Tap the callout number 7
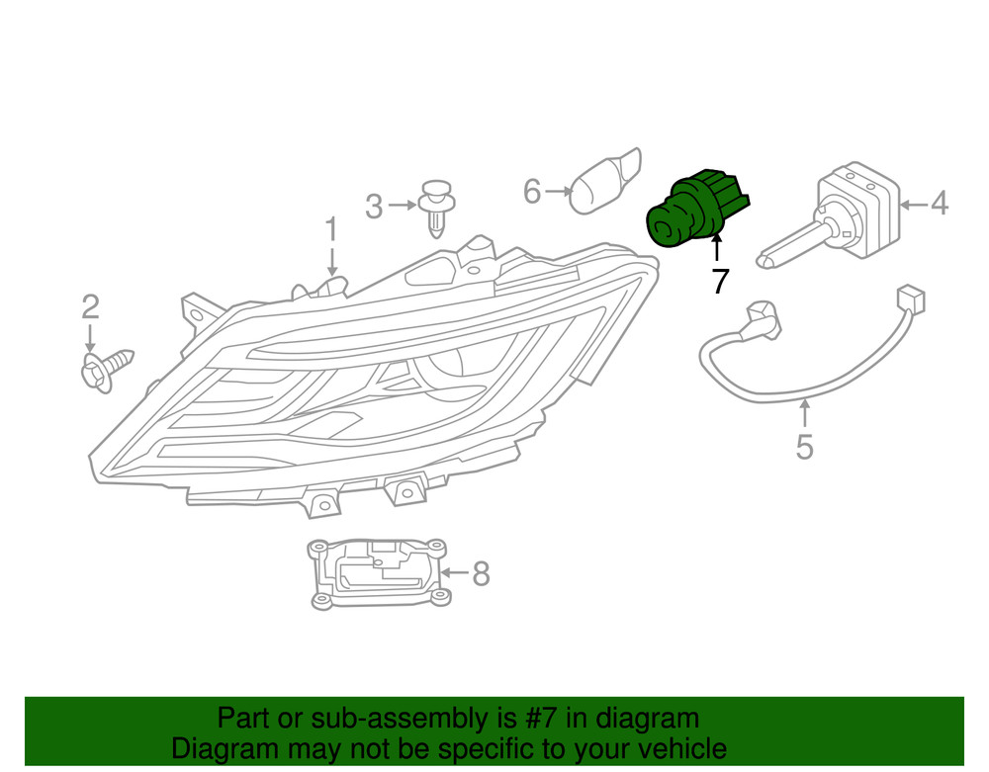(x=719, y=282)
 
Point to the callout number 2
(x=90, y=307)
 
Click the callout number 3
(x=373, y=207)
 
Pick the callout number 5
(x=804, y=447)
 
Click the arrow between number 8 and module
(x=455, y=572)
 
